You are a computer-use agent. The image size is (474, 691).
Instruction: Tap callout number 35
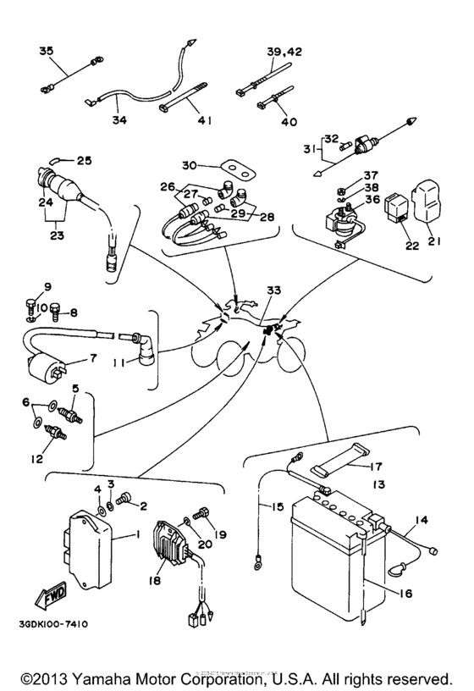coord(46,51)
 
